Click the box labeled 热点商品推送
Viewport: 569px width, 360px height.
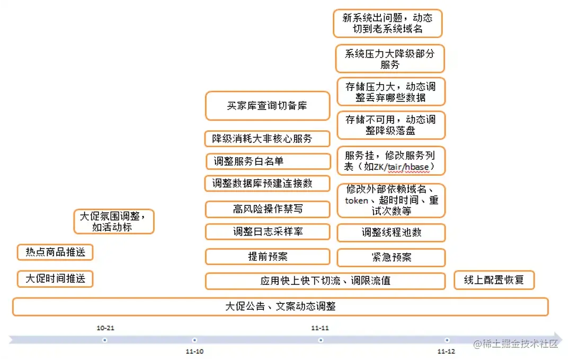click(x=55, y=252)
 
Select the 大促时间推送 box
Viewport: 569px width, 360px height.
click(x=55, y=278)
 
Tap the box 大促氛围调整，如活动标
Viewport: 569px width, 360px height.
click(x=113, y=221)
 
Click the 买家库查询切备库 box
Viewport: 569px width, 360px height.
click(x=267, y=105)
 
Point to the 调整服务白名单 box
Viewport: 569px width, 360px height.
click(x=267, y=161)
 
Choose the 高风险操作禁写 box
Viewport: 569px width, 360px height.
click(x=267, y=209)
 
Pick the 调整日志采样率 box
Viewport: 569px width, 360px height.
click(x=267, y=232)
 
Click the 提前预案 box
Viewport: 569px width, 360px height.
click(x=267, y=257)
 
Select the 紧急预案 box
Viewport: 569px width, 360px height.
click(x=391, y=257)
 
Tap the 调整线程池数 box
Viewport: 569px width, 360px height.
click(x=391, y=232)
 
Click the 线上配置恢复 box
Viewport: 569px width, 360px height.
click(x=494, y=280)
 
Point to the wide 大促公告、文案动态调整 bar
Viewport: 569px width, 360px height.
click(x=280, y=307)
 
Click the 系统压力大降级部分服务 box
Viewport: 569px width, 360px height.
click(x=389, y=59)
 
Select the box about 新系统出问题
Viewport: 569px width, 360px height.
click(x=387, y=23)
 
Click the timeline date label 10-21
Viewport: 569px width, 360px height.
click(x=105, y=328)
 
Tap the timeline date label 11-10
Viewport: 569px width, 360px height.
click(x=194, y=351)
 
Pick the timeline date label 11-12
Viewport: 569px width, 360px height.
click(x=446, y=351)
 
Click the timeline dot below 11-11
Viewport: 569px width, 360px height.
click(x=321, y=340)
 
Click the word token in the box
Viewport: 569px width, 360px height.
click(x=356, y=201)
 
